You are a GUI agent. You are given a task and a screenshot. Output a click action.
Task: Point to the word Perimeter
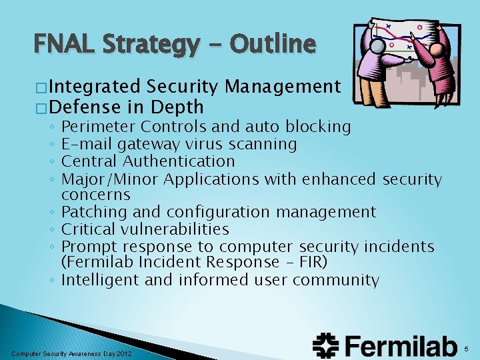(x=96, y=127)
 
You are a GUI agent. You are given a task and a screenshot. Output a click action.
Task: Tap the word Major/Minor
(x=110, y=179)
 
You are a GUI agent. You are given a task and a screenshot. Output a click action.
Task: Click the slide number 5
(x=467, y=347)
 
